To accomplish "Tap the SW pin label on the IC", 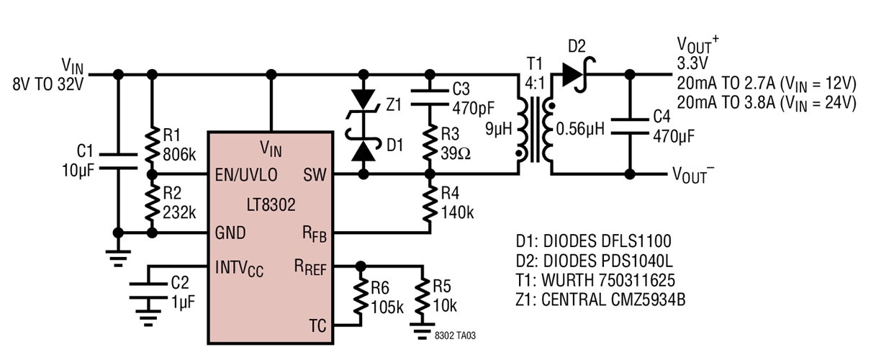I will (x=313, y=175).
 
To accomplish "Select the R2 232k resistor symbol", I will (x=151, y=204).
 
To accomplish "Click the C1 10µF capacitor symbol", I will (x=117, y=159).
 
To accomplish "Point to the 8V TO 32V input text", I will (x=48, y=84).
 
